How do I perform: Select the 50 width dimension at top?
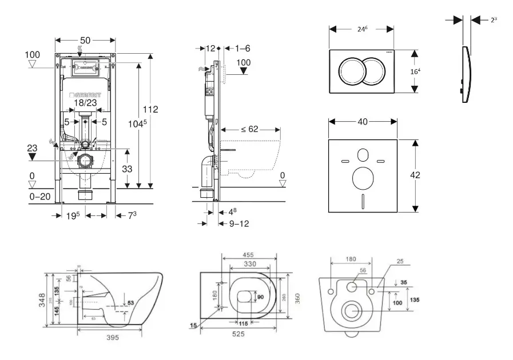(85, 40)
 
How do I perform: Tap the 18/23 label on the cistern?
(85, 103)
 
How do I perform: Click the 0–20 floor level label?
(40, 196)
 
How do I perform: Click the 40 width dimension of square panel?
(363, 121)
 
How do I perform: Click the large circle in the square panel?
(363, 179)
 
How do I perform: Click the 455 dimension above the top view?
(248, 255)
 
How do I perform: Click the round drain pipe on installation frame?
(85, 161)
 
